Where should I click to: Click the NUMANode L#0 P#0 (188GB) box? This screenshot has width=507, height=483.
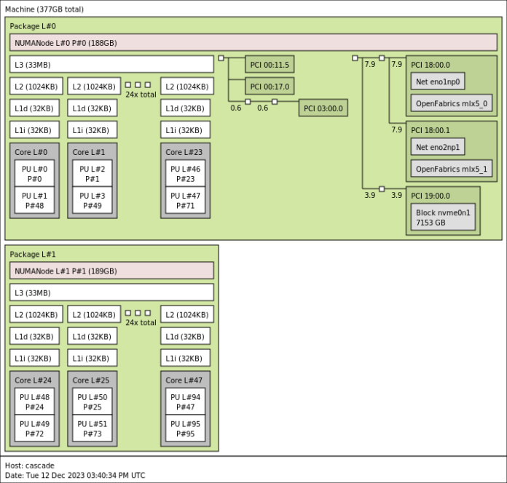(x=253, y=43)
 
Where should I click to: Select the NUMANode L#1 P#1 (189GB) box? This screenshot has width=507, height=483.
(x=112, y=271)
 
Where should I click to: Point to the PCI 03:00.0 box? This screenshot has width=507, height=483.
(x=323, y=108)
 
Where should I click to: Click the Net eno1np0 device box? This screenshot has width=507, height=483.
(x=438, y=81)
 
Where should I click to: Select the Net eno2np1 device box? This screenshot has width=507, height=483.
(x=438, y=147)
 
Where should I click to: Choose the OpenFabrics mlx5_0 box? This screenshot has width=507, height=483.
(x=451, y=103)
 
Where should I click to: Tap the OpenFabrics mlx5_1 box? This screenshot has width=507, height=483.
(x=451, y=169)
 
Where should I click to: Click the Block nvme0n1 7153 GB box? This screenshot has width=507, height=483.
(x=444, y=217)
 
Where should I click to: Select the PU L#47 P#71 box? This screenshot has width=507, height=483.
(x=185, y=201)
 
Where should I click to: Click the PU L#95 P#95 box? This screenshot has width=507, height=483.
(x=185, y=428)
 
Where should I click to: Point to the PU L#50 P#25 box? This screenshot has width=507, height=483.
(x=93, y=402)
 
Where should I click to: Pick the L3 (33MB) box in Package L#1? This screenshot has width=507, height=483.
(x=112, y=292)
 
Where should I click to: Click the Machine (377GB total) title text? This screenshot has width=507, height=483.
(x=44, y=9)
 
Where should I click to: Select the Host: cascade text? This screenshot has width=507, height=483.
(x=30, y=466)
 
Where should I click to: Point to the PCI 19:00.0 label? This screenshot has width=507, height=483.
(x=431, y=195)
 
